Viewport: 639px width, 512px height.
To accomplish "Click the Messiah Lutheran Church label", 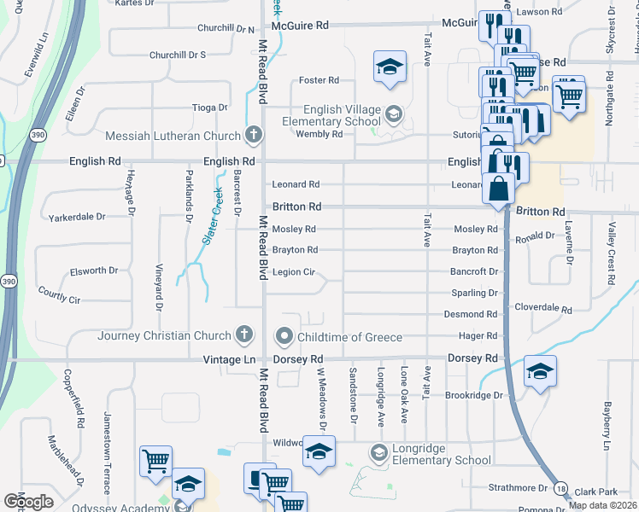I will tap(173, 136).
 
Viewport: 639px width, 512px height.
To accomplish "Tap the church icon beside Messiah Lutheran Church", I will tap(253, 135).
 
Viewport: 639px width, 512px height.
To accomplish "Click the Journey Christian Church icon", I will tap(244, 335).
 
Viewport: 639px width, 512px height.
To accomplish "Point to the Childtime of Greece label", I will tap(349, 337).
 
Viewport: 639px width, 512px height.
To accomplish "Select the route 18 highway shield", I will tap(560, 488).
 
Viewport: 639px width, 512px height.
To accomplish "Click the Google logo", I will tap(28, 501).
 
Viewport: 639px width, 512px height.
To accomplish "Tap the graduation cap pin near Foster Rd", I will tap(389, 67).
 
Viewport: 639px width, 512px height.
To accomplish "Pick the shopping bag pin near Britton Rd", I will tap(499, 187).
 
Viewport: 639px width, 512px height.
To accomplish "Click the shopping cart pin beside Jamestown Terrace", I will tap(156, 461).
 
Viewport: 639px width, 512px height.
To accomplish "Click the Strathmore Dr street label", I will tap(518, 488).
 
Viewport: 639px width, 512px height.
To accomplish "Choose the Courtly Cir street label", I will tap(59, 300).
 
